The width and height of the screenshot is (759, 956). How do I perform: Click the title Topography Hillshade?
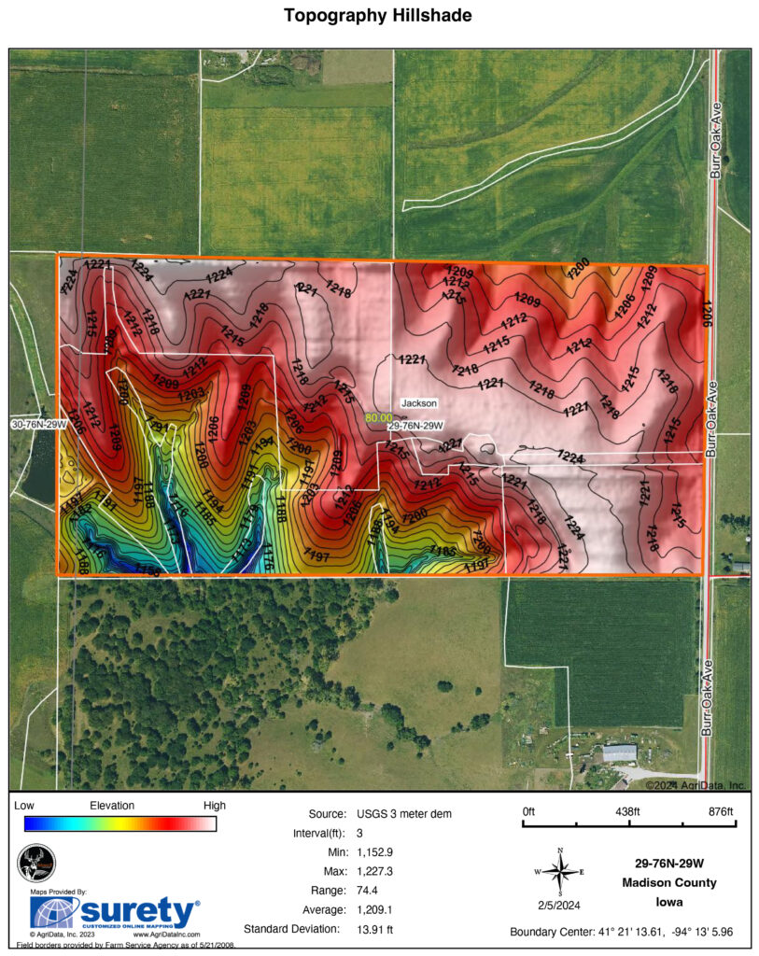pos(379,16)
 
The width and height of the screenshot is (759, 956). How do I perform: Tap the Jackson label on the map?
pos(418,403)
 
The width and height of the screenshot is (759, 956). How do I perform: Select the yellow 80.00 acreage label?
pos(378,418)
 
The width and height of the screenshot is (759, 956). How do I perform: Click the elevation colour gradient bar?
pos(121,823)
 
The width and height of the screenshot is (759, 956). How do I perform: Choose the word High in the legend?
pos(214,805)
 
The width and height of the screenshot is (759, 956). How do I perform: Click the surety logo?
pos(115,911)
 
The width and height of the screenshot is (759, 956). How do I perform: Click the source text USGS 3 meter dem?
pos(403,814)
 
